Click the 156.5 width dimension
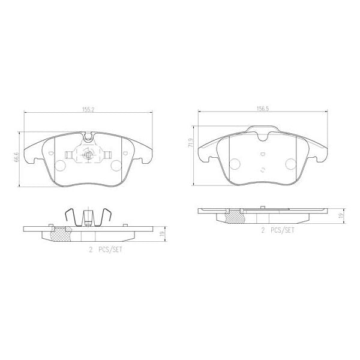coord(262,110)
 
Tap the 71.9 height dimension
coord(191,143)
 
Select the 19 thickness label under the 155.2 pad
coord(162,233)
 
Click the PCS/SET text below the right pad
coord(281,230)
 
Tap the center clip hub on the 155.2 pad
coord(88,156)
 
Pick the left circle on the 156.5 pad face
coord(233,163)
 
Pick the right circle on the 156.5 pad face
coord(290,163)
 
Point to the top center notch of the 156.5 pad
coord(262,133)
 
